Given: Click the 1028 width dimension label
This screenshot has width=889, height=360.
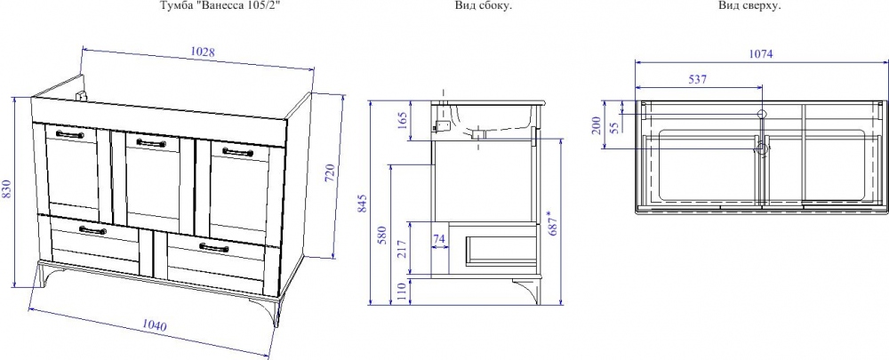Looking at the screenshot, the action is click(203, 52).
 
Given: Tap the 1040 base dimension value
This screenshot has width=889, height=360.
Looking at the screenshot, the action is click(154, 326).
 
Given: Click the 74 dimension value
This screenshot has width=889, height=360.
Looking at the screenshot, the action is click(439, 239).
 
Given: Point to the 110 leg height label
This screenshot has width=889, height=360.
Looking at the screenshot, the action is click(402, 292).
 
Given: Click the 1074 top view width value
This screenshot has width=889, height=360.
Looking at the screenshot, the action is click(761, 54).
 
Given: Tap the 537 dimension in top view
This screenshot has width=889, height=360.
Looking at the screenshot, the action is click(697, 79).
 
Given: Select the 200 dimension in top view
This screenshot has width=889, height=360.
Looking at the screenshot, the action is click(596, 125).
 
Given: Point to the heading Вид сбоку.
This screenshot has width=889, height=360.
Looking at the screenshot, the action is click(480, 6).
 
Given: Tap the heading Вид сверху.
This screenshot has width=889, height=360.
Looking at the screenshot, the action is click(749, 6).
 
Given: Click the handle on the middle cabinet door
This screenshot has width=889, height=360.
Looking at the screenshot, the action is click(151, 143).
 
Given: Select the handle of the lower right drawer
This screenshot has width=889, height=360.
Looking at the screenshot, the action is click(213, 247).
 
